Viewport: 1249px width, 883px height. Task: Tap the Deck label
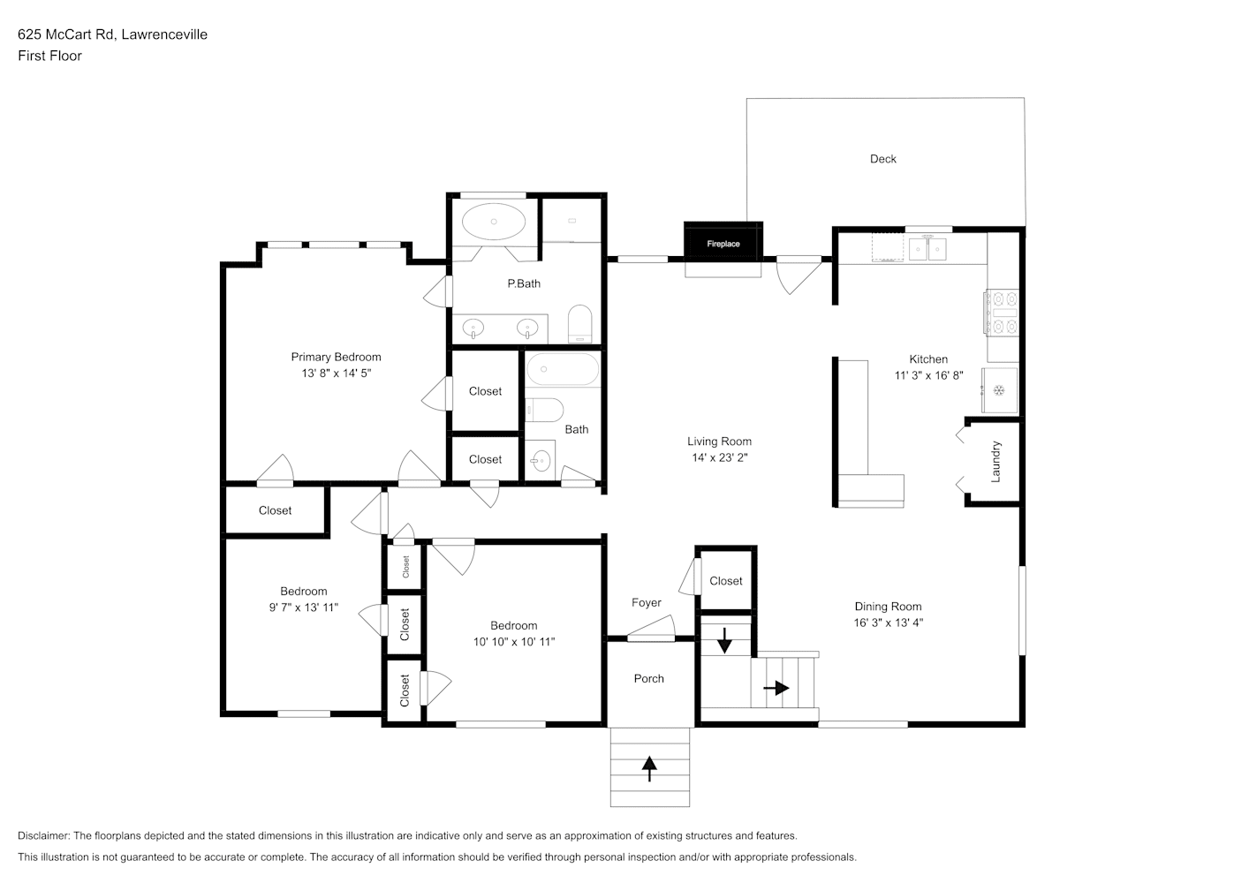tap(883, 159)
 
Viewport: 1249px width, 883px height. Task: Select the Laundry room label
tap(995, 462)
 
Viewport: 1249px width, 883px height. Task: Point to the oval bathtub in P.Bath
tap(494, 222)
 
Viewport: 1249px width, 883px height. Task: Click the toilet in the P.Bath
tap(579, 323)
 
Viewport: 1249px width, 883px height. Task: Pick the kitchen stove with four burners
tap(1002, 313)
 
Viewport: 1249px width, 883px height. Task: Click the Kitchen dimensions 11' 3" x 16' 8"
tap(929, 375)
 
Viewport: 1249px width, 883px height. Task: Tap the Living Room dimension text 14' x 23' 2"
tap(720, 457)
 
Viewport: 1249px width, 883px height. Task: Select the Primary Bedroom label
tap(337, 357)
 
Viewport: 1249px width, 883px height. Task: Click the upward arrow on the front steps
tap(649, 769)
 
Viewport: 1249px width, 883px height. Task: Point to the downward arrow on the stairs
tap(724, 640)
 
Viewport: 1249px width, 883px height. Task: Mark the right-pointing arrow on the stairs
tap(776, 688)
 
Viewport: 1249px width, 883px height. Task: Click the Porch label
tap(649, 678)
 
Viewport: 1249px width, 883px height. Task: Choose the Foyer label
tap(647, 602)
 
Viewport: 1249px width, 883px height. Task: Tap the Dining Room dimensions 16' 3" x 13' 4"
tap(889, 623)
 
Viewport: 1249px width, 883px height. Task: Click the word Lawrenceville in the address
tap(164, 34)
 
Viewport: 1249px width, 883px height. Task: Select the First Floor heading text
tap(49, 56)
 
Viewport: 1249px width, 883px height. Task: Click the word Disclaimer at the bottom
tap(44, 835)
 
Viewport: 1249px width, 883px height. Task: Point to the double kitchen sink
tap(927, 249)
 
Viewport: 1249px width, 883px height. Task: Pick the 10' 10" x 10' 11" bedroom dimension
tap(514, 642)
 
